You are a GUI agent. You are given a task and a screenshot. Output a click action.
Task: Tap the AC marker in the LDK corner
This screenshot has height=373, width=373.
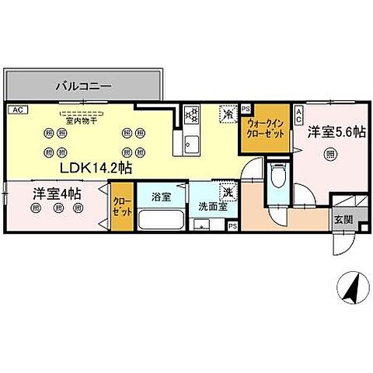pyautogui.click(x=19, y=110)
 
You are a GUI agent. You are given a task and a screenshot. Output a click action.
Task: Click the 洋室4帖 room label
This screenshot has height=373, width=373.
pyautogui.click(x=57, y=192)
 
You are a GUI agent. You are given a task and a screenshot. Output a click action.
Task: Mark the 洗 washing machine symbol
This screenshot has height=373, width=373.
pyautogui.click(x=228, y=190)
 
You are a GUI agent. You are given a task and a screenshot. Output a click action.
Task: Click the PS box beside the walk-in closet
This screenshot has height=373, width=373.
pyautogui.click(x=246, y=110)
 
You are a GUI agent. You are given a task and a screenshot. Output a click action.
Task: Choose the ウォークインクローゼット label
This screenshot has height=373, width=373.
pyautogui.click(x=267, y=127)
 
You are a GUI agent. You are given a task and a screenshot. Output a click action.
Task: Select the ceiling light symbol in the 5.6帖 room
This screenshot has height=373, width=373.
pyautogui.click(x=329, y=154)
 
